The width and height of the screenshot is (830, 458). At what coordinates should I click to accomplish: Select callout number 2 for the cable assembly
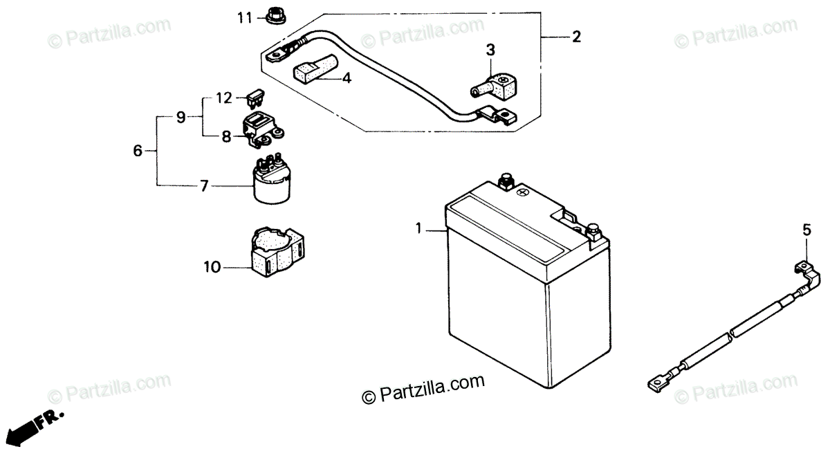coord(576,37)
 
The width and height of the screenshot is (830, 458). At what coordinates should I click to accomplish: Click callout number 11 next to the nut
coord(243,17)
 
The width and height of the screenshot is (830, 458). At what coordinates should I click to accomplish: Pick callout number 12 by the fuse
coord(223,98)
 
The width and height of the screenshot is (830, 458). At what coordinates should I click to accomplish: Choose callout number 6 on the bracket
coord(137,150)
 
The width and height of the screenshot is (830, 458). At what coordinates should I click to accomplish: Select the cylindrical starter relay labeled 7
coord(270,183)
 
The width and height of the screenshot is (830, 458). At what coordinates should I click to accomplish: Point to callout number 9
coord(181,118)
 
